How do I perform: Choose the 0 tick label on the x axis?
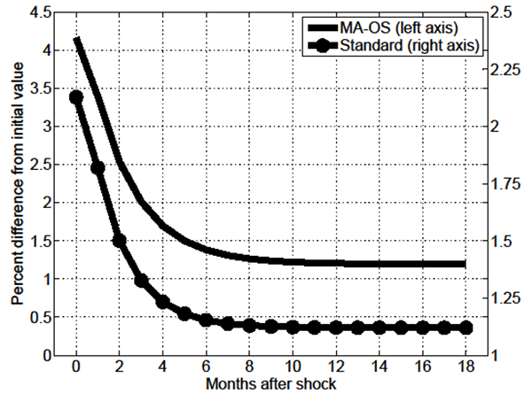point(76,367)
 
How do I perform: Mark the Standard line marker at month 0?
point(76,97)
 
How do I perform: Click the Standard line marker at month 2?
point(120,240)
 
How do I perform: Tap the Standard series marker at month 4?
point(163,302)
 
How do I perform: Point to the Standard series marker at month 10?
point(293,328)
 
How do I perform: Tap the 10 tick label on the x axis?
point(293,367)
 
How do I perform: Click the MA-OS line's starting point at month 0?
point(76,39)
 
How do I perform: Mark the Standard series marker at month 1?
point(98,167)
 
